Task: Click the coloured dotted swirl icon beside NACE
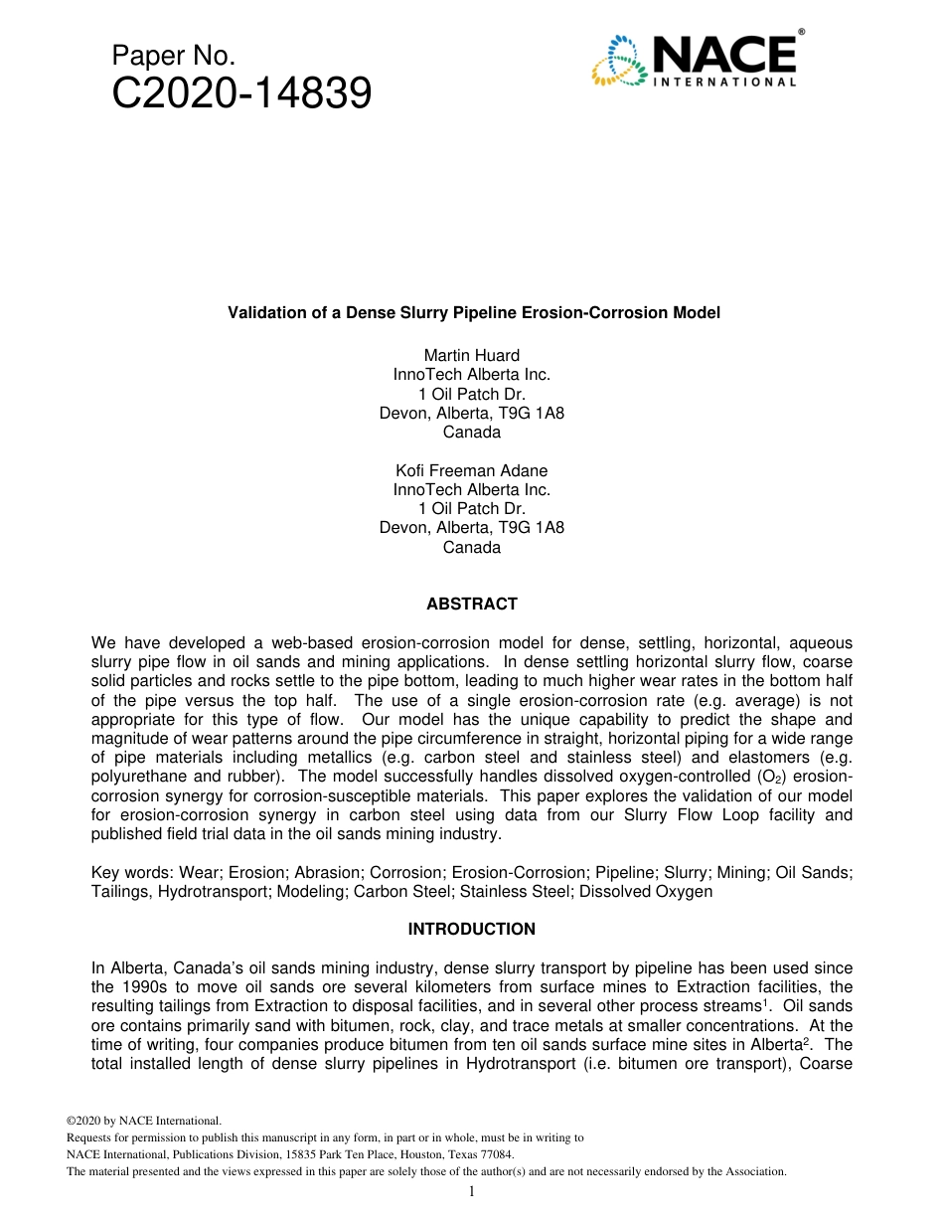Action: (619, 61)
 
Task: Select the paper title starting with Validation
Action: (474, 312)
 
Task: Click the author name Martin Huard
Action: (472, 355)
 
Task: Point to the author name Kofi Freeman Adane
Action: (472, 470)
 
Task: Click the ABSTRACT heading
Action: (472, 604)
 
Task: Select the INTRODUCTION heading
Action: (472, 929)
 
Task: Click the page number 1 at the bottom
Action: (472, 1192)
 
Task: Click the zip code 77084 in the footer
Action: (494, 1154)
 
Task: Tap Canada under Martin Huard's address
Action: (472, 433)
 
